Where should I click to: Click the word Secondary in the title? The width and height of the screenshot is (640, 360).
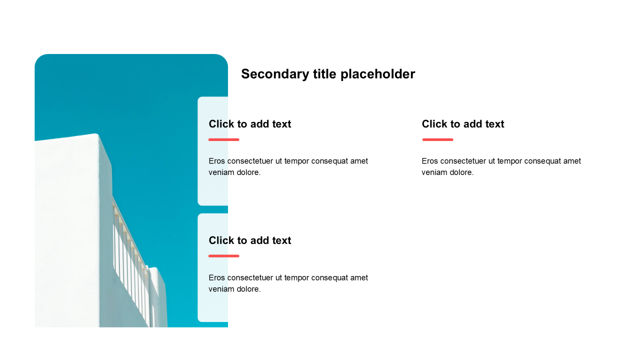pyautogui.click(x=275, y=74)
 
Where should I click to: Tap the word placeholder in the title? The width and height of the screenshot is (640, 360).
pyautogui.click(x=377, y=74)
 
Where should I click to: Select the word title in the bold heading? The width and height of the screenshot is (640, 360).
pyautogui.click(x=325, y=74)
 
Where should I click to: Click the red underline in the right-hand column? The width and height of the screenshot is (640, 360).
pyautogui.click(x=437, y=139)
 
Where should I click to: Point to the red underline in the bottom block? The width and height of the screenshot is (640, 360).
pyautogui.click(x=224, y=256)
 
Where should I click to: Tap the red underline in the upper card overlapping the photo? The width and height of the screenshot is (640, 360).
pyautogui.click(x=224, y=139)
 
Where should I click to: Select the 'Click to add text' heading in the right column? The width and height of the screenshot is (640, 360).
pyautogui.click(x=463, y=124)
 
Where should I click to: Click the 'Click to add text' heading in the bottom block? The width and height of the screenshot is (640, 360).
pyautogui.click(x=250, y=240)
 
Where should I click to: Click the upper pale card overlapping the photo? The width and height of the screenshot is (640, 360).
pyautogui.click(x=213, y=151)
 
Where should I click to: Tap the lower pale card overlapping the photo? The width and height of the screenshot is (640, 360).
pyautogui.click(x=213, y=267)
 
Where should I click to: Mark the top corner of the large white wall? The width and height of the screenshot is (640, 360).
pyautogui.click(x=96, y=133)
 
